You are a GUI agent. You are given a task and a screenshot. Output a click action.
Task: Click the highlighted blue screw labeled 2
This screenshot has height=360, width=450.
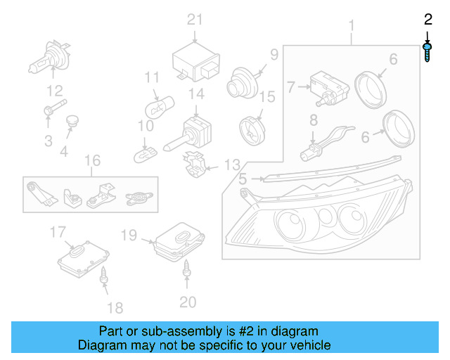coord(427,53)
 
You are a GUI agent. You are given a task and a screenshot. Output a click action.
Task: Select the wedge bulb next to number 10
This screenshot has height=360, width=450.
coord(148,149)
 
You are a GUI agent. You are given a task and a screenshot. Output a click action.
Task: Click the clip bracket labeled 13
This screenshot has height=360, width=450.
coord(195,164)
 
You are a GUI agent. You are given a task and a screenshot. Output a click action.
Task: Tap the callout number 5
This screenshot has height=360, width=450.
coord(243,179)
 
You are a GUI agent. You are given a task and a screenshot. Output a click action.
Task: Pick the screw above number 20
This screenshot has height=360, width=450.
coord(188,267)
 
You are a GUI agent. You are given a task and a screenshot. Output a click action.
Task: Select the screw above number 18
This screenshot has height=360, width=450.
coord(104,276)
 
